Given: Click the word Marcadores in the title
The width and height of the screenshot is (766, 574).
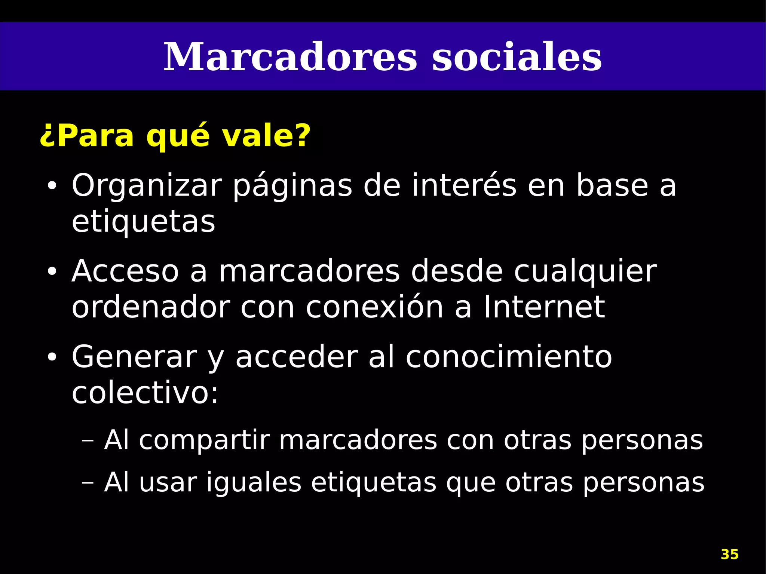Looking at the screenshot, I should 290,57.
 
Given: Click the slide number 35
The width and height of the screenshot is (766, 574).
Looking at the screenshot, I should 729,554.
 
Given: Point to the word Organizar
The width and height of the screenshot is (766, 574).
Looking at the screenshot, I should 147,186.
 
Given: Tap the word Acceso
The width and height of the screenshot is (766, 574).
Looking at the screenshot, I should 125,271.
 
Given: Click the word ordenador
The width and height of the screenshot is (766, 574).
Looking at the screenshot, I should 151,307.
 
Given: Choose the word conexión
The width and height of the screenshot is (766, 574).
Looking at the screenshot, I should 374,307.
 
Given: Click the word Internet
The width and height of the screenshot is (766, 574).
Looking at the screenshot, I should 544,307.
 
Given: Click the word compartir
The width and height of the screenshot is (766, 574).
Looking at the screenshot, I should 204,441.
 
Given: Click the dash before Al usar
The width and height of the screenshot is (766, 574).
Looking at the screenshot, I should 88,483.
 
